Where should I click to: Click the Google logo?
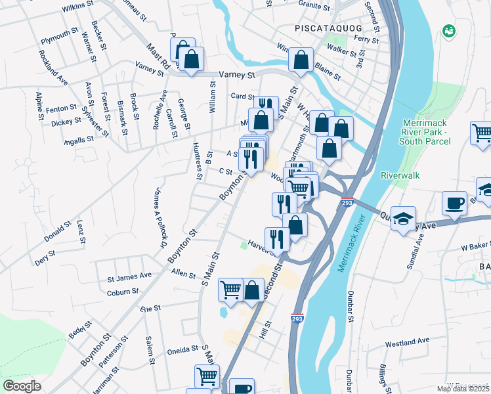(22, 385)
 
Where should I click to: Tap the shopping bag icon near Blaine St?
(301, 60)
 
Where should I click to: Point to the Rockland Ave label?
(53, 68)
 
